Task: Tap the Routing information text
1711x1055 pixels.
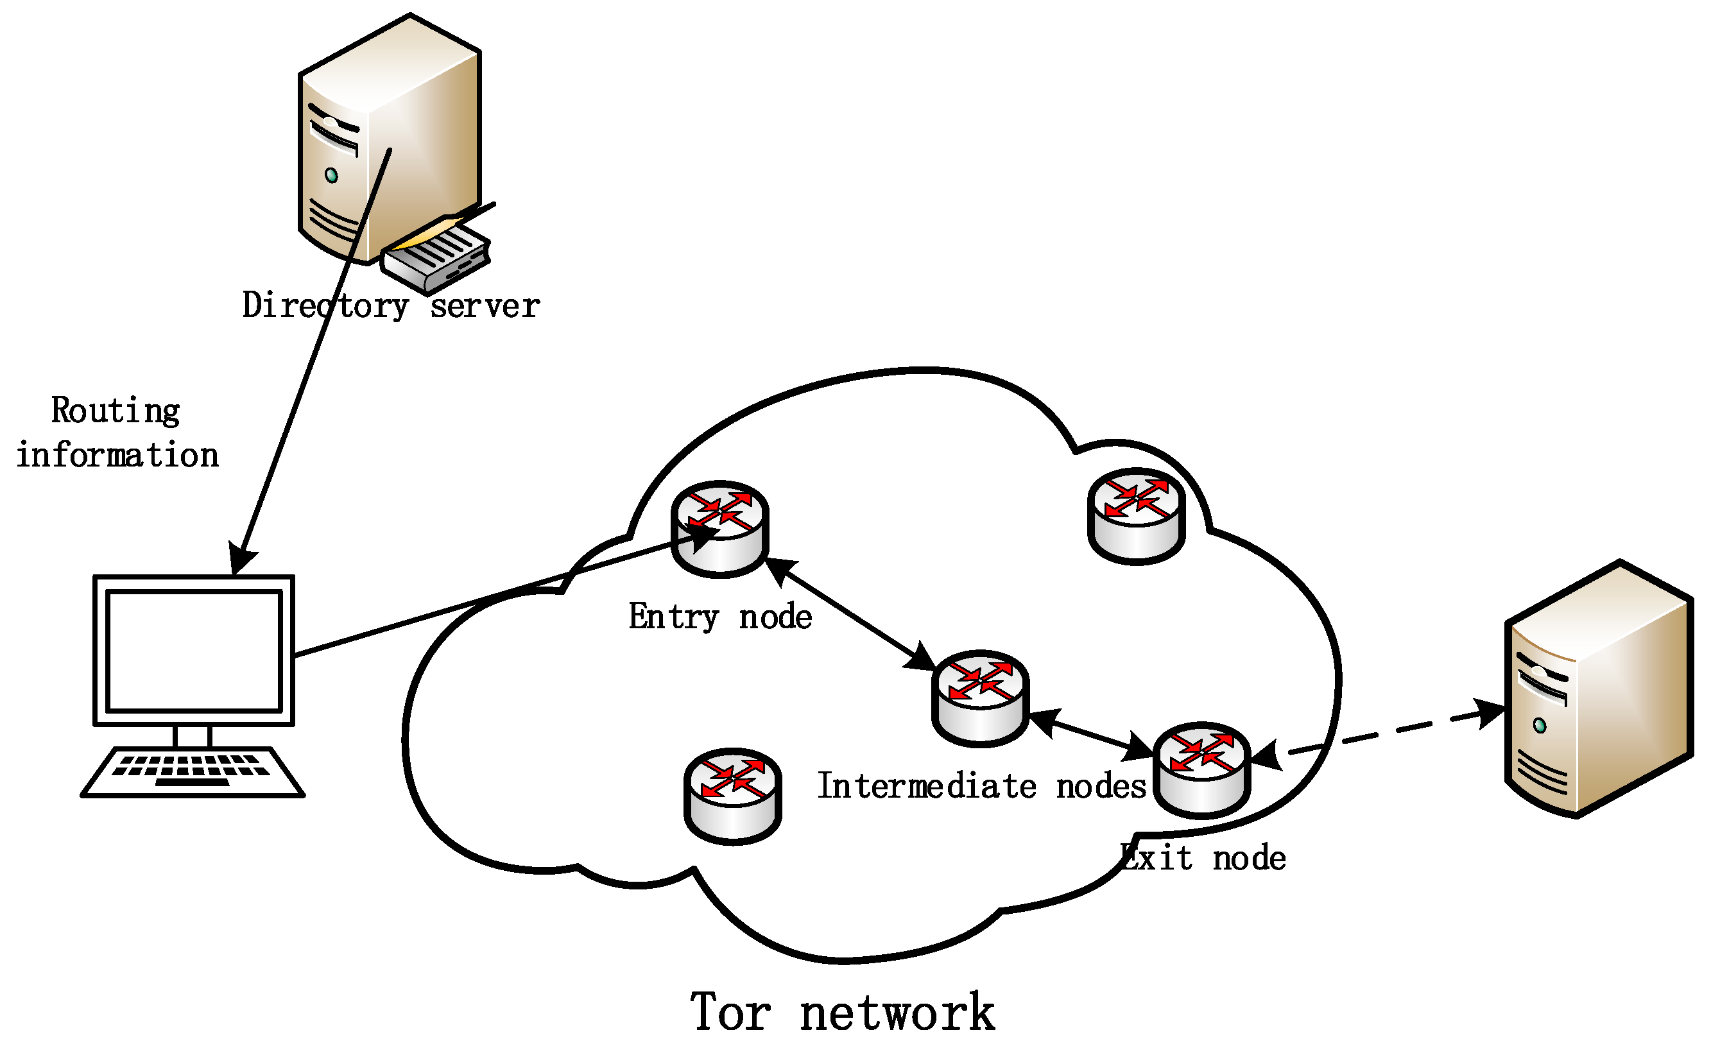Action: coord(117,433)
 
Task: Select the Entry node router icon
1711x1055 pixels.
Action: coord(719,528)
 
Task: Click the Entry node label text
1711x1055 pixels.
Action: coord(719,617)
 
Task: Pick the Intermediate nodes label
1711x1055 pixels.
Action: coord(981,786)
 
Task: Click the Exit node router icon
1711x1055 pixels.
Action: coord(1201,770)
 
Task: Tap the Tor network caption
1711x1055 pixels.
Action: coord(842,1013)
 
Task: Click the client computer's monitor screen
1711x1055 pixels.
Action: coord(194,650)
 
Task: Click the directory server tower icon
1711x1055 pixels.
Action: coord(391,139)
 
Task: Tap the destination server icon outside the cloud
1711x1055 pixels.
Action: coord(1598,690)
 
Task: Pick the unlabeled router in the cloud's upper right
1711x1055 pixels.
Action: coord(1136,516)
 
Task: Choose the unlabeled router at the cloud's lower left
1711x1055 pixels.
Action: coord(732,796)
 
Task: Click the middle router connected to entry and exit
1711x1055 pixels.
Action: coord(981,698)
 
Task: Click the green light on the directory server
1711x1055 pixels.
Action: coord(331,175)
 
